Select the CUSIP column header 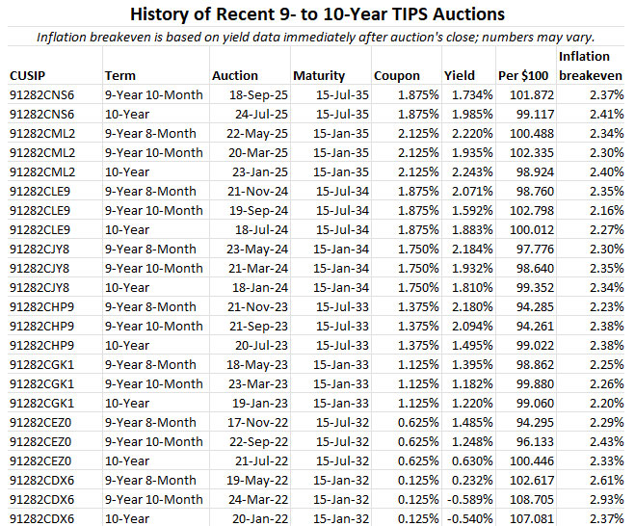point(28,75)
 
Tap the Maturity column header point(320,75)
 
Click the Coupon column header point(397,75)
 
